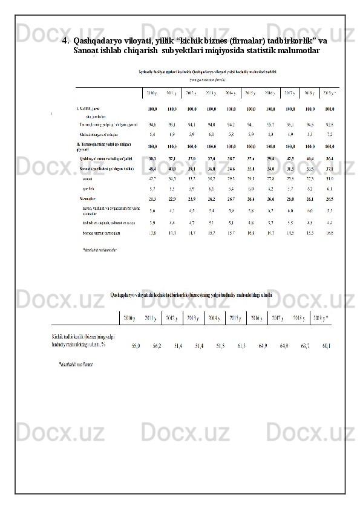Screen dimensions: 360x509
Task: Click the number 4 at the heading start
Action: pyautogui.click(x=65, y=41)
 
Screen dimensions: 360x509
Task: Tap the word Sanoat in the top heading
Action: pyautogui.click(x=87, y=51)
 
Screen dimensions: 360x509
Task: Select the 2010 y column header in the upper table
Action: pyautogui.click(x=152, y=93)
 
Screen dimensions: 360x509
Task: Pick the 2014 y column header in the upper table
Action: pyautogui.click(x=231, y=93)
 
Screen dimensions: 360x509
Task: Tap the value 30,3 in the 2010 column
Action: pyautogui.click(x=152, y=158)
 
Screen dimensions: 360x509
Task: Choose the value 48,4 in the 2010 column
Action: pyautogui.click(x=152, y=169)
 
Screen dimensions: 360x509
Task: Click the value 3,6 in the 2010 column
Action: pyautogui.click(x=152, y=210)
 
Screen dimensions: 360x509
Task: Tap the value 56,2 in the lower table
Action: pyautogui.click(x=157, y=346)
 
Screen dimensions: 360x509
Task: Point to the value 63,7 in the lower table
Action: pyautogui.click(x=306, y=346)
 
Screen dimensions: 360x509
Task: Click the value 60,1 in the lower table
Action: pyautogui.click(x=327, y=346)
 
